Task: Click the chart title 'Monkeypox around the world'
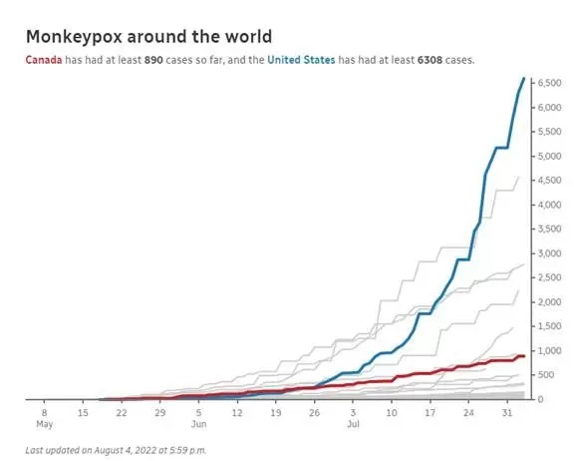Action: click(149, 37)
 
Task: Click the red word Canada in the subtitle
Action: click(44, 60)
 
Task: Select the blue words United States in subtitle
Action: click(301, 60)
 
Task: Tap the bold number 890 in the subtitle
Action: click(153, 60)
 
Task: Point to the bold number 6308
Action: click(430, 60)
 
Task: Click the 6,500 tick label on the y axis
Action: click(549, 83)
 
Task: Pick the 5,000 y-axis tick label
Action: click(549, 156)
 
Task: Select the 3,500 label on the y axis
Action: click(549, 230)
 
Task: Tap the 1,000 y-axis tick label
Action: click(549, 350)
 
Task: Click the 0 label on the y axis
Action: click(540, 399)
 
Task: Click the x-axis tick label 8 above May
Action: click(44, 413)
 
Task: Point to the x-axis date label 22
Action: click(122, 413)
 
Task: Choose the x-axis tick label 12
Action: click(237, 413)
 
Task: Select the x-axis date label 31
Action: click(507, 413)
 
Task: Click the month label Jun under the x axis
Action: click(198, 424)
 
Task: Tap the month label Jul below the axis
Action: click(353, 424)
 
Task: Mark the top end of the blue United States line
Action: click(524, 79)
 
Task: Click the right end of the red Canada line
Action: click(524, 356)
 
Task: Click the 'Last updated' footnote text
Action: click(116, 450)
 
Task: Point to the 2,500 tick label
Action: click(549, 277)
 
